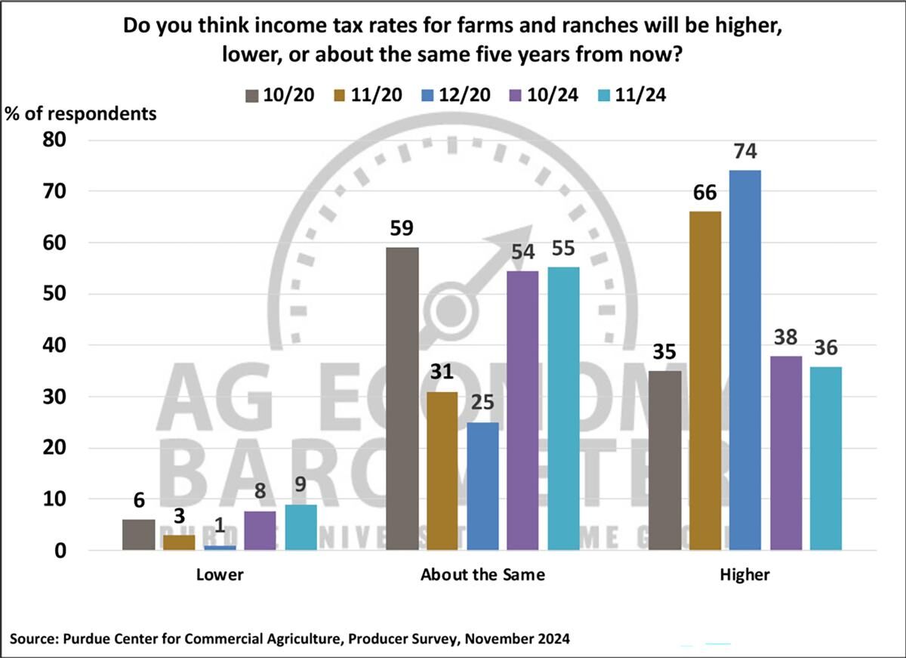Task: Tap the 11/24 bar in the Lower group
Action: (x=301, y=527)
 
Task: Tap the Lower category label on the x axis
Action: (x=220, y=575)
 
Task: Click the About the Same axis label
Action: (x=482, y=575)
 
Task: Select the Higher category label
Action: (x=744, y=575)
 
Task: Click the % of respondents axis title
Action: (x=82, y=114)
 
